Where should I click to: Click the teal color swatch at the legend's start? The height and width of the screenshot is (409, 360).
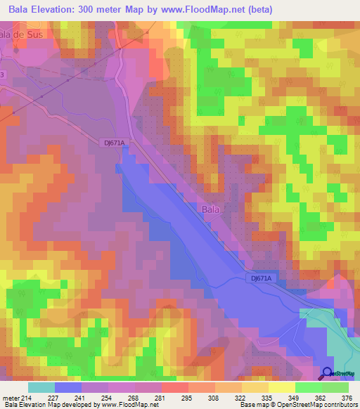coord(41,387)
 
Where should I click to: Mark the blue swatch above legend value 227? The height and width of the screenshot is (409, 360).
coord(68,387)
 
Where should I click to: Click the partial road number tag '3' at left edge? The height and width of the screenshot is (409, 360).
coord(2,75)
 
